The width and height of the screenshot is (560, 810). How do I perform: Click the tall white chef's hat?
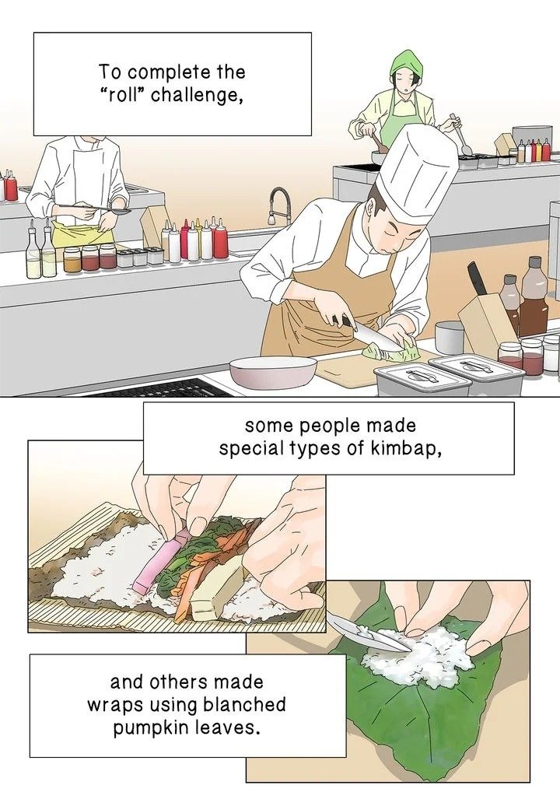pos(417,173)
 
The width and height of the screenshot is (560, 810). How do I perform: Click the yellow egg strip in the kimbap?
pos(217,591)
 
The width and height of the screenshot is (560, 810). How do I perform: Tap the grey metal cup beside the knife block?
pos(449,338)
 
